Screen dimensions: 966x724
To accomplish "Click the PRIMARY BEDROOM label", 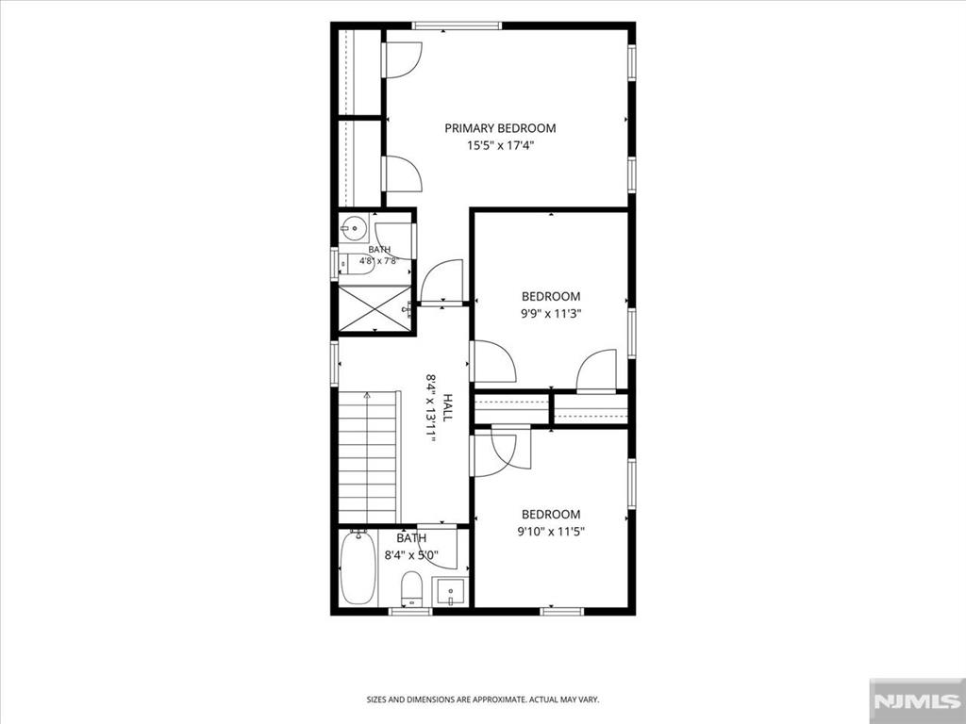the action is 500,128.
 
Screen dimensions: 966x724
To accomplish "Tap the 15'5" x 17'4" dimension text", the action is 500,146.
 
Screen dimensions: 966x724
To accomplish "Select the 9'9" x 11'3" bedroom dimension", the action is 551,313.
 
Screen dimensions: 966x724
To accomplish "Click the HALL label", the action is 447,407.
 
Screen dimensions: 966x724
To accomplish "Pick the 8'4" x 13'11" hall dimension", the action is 430,407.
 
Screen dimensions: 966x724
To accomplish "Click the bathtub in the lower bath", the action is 358,567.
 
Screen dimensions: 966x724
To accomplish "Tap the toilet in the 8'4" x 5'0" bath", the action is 411,589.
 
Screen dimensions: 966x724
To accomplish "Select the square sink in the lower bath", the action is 450,592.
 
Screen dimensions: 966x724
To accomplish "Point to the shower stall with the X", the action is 375,309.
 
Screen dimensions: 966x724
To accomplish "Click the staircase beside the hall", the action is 367,457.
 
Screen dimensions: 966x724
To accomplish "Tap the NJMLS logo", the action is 917,700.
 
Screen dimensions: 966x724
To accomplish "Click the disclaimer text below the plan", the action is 483,699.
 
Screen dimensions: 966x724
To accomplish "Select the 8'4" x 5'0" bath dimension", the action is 411,555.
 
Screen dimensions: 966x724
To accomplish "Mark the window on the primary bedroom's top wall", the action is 457,25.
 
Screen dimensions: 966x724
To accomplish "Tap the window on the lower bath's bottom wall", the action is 410,611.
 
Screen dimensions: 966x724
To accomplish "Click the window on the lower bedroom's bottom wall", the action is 561,611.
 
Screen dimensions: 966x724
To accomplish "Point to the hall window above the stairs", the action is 335,364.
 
